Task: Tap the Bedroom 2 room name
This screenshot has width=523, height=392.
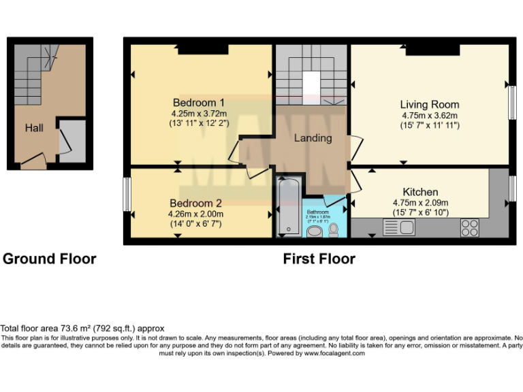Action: point(196,203)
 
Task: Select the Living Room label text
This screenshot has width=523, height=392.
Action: point(429,104)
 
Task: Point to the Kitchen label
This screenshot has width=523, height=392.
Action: point(420,192)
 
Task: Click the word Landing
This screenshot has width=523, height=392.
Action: point(313,138)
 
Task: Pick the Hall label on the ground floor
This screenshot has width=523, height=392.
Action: point(35,127)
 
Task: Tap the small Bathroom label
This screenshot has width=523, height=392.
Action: point(318,212)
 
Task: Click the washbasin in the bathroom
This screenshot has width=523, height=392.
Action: point(315,231)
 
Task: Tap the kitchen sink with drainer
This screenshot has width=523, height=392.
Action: point(399,227)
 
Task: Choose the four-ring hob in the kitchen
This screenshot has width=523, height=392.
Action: point(469,227)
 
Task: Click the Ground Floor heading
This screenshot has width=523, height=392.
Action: point(50,259)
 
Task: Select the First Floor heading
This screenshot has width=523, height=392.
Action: point(319,259)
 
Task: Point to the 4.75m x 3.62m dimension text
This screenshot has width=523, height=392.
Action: point(429,116)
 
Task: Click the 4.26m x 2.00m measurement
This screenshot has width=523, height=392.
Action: point(196,214)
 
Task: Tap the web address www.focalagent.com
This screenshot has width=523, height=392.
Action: point(334,353)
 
